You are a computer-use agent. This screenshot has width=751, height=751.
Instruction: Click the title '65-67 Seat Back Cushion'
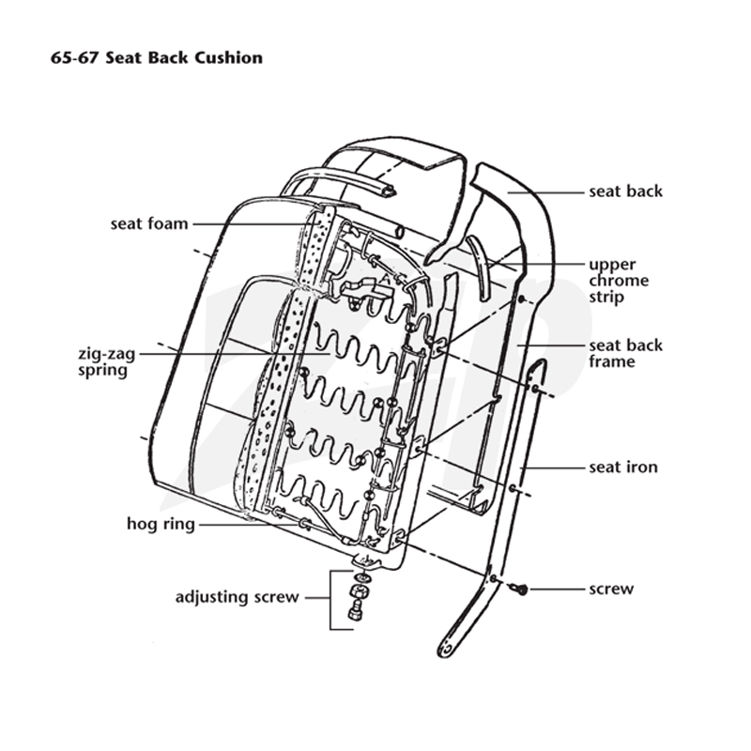[x=157, y=58]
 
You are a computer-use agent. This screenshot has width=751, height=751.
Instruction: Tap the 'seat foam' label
[x=149, y=223]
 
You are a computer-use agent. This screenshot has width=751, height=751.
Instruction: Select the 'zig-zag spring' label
[x=107, y=362]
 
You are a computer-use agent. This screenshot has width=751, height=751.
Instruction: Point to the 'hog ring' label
[x=161, y=524]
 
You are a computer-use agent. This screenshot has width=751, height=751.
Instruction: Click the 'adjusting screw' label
[x=238, y=597]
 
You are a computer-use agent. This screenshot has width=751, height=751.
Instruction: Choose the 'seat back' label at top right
[x=626, y=192]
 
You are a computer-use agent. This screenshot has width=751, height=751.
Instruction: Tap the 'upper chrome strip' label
[x=619, y=281]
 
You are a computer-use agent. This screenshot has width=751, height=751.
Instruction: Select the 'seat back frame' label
[x=626, y=353]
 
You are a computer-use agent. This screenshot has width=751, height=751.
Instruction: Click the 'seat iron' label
[x=623, y=467]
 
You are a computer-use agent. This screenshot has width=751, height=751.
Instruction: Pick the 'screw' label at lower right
[x=612, y=589]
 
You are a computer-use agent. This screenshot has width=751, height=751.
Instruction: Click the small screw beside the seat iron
[x=519, y=589]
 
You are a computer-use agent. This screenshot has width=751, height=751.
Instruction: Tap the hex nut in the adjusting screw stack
[x=358, y=592]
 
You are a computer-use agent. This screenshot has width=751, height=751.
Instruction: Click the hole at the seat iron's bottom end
[x=447, y=650]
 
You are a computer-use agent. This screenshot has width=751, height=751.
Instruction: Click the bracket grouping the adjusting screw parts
[x=330, y=600]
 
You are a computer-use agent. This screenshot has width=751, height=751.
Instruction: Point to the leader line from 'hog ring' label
[x=249, y=525]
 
